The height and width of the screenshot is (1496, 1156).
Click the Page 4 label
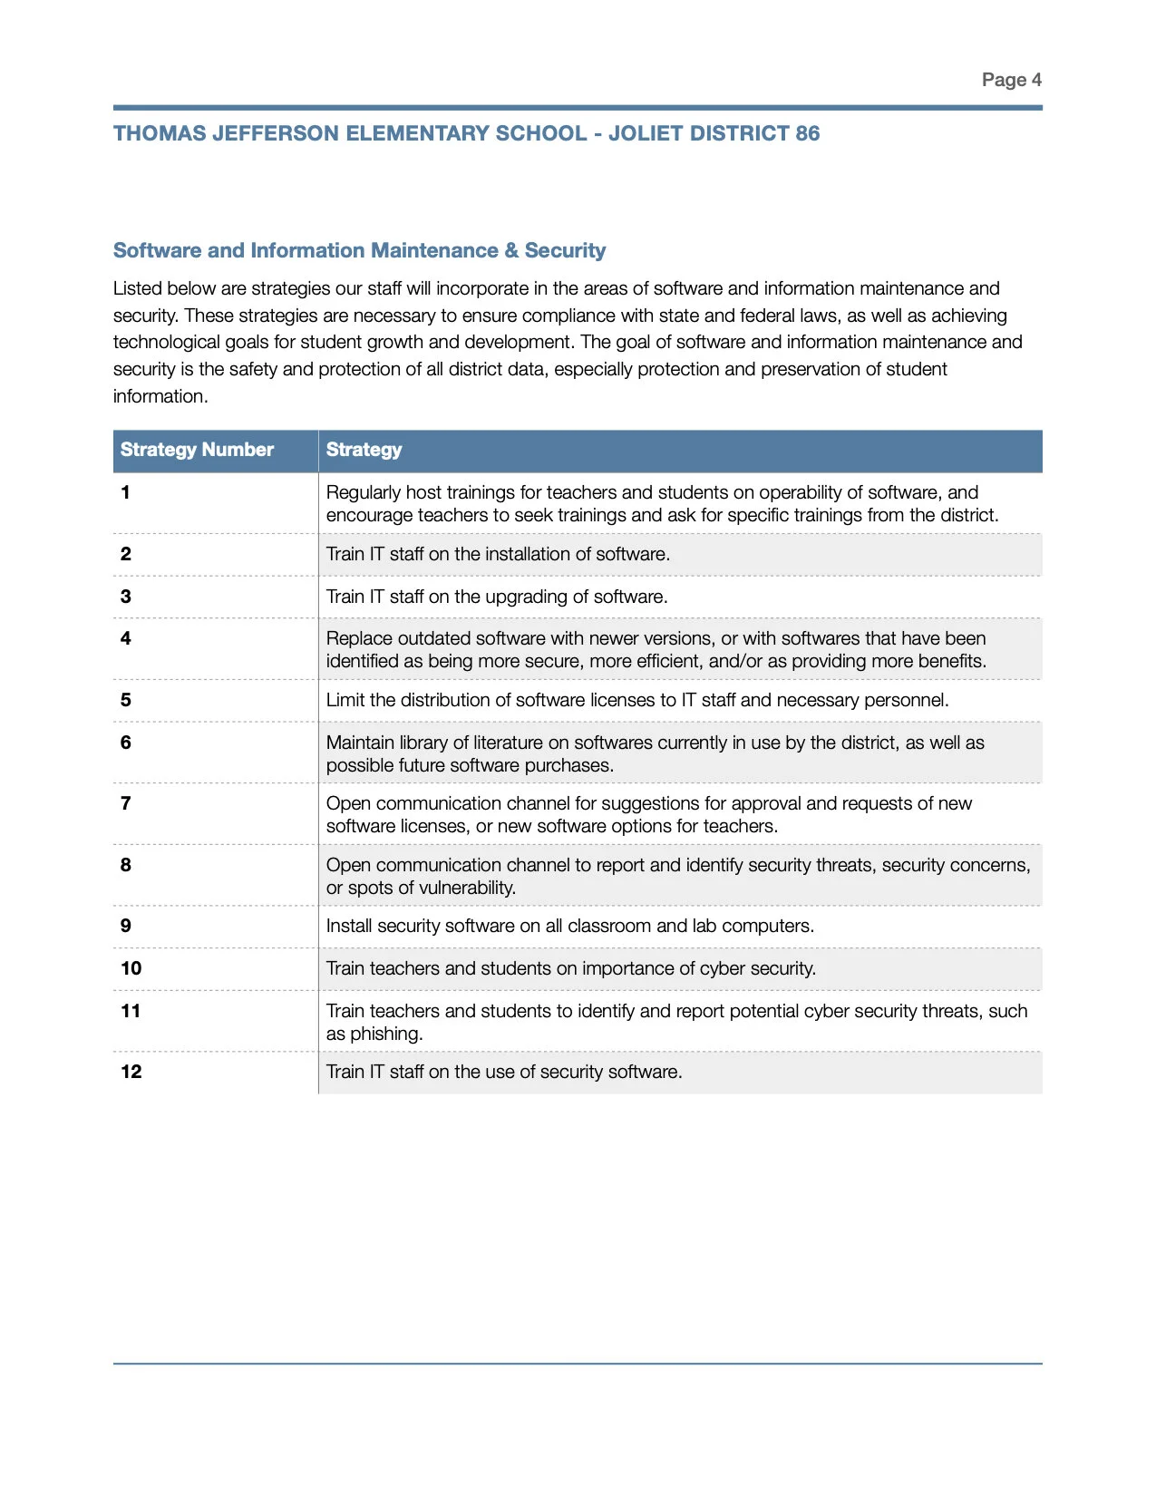coord(1011,80)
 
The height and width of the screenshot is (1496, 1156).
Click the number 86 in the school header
coord(807,133)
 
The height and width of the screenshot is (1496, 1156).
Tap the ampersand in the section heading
coord(511,250)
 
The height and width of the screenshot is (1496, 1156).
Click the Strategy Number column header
coord(197,450)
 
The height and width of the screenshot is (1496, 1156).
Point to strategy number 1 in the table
coord(125,492)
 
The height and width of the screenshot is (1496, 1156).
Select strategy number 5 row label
coord(126,700)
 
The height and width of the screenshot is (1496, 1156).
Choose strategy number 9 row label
coord(126,926)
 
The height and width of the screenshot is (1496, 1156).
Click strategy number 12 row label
coord(131,1072)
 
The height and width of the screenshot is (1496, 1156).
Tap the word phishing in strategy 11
coord(386,1034)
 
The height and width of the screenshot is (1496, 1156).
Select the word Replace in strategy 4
coord(358,638)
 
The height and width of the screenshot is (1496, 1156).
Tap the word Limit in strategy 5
coord(345,700)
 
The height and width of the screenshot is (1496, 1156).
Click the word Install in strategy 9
coord(349,926)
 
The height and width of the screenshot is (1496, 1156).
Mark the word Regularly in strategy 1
coord(364,492)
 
